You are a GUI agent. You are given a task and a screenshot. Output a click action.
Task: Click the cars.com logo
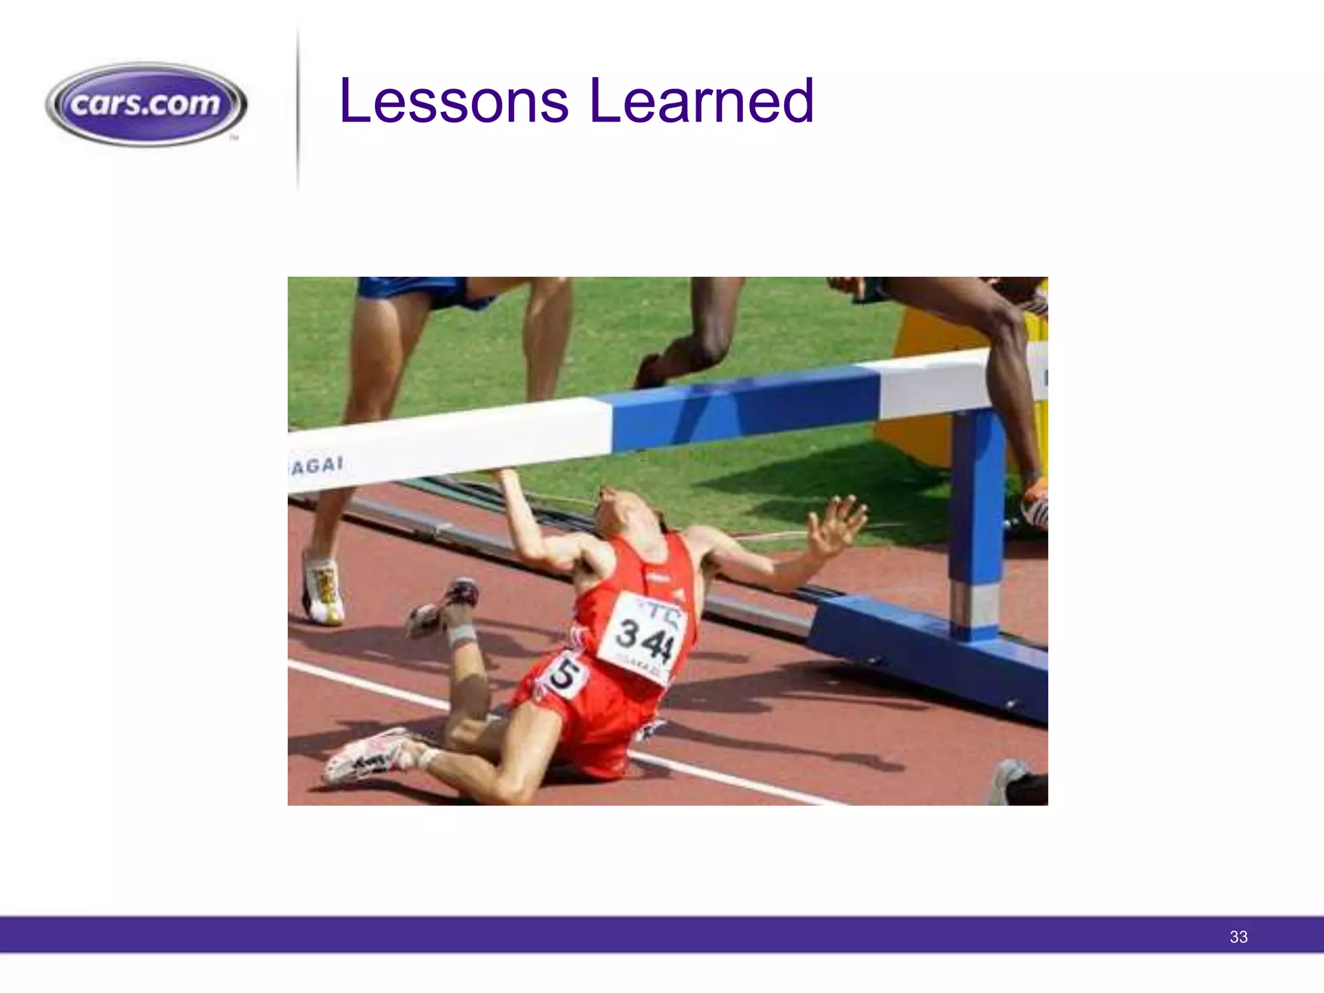[x=146, y=103]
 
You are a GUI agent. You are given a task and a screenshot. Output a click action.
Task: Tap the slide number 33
[x=1238, y=937]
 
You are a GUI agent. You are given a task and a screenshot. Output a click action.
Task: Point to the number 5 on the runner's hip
[x=564, y=675]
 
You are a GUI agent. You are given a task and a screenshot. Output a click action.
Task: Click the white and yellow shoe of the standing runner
[x=323, y=590]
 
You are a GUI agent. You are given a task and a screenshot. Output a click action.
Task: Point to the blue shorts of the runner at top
[x=420, y=291]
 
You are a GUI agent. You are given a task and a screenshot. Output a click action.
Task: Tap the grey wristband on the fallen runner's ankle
[x=462, y=635]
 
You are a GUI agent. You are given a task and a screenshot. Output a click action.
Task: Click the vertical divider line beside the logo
[x=298, y=110]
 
